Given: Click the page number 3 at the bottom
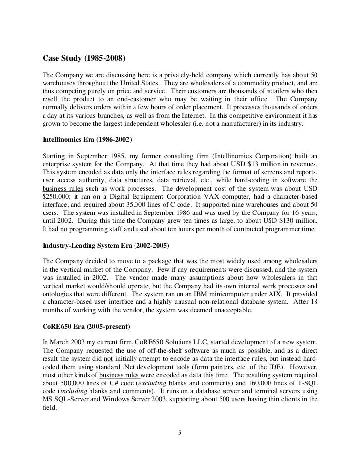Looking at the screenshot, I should click(180, 434).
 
